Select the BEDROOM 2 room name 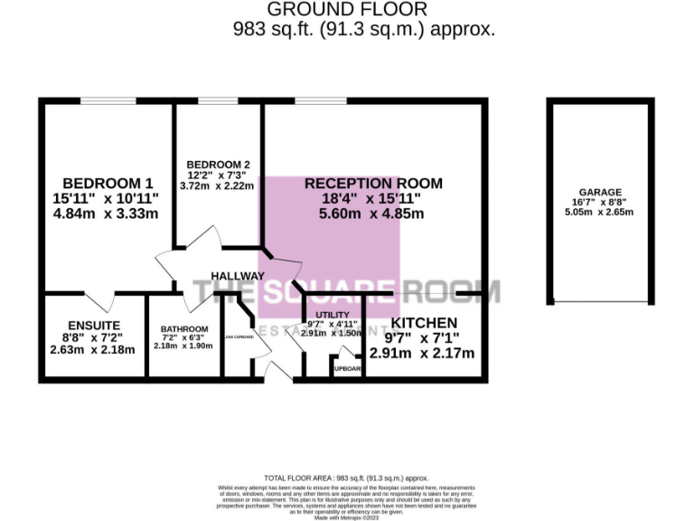pyautogui.click(x=218, y=165)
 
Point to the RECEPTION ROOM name pyautogui.click(x=373, y=183)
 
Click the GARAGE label pyautogui.click(x=600, y=193)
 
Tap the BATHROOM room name pyautogui.click(x=184, y=328)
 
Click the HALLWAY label pyautogui.click(x=238, y=275)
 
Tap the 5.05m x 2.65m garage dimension pyautogui.click(x=600, y=213)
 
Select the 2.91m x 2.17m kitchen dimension pyautogui.click(x=424, y=353)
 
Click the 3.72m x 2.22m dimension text pyautogui.click(x=218, y=185)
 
